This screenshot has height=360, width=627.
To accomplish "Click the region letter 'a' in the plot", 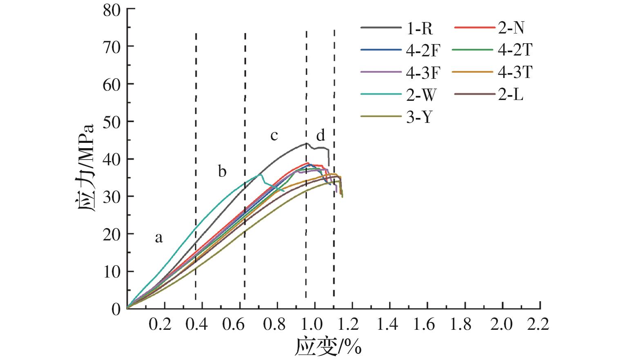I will [x=158, y=237].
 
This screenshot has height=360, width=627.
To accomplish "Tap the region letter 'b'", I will [x=222, y=171].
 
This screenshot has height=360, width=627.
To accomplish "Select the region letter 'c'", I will [x=274, y=135].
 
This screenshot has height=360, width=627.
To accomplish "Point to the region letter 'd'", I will [x=321, y=135].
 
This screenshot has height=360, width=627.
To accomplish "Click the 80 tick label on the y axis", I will [x=112, y=9].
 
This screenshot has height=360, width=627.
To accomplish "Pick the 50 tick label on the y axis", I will [x=112, y=122].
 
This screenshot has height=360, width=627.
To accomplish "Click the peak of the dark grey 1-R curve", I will [x=306, y=143].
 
